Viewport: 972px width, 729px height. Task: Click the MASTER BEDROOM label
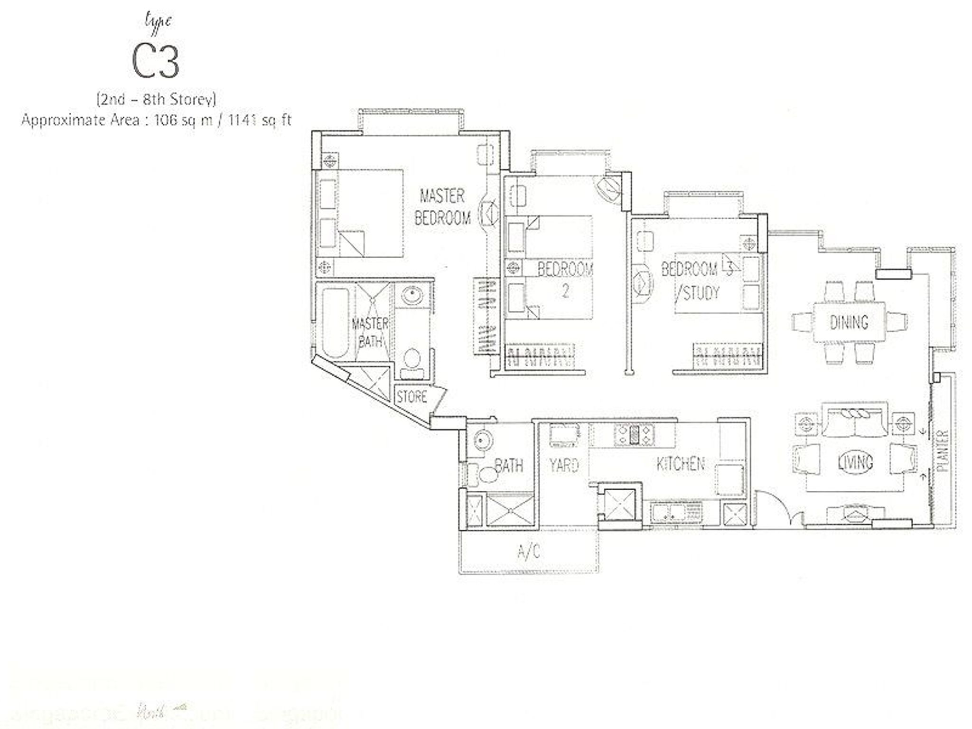[442, 207]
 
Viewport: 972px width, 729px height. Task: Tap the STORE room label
[411, 397]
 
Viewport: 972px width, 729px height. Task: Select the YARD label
[564, 465]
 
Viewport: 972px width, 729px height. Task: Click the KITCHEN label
[680, 464]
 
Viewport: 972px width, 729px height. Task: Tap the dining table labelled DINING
[849, 323]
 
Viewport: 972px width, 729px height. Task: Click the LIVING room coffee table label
[856, 462]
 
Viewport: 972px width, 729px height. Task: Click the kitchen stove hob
[635, 434]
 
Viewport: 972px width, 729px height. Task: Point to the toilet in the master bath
[411, 363]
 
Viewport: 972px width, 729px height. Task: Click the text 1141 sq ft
[259, 120]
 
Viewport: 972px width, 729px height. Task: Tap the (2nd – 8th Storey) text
[157, 99]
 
